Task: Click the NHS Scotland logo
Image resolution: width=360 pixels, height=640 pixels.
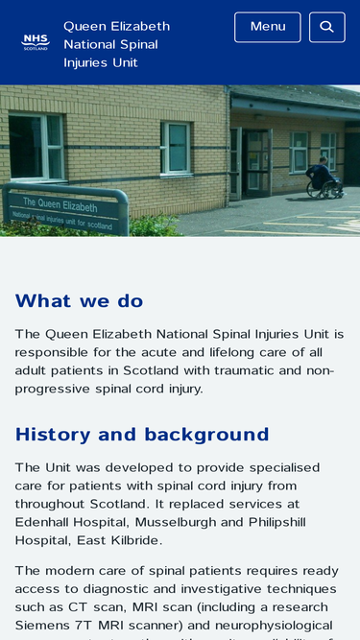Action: point(35,42)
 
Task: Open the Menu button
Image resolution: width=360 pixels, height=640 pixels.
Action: point(267,27)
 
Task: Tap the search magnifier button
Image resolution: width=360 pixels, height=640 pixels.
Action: point(326,27)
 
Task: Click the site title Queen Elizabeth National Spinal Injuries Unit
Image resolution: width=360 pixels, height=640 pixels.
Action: point(116,44)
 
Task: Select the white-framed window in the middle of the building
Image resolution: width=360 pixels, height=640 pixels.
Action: point(176,147)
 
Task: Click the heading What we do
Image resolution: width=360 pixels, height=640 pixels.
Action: point(79,301)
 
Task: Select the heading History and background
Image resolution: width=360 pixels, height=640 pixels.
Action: point(142,435)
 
